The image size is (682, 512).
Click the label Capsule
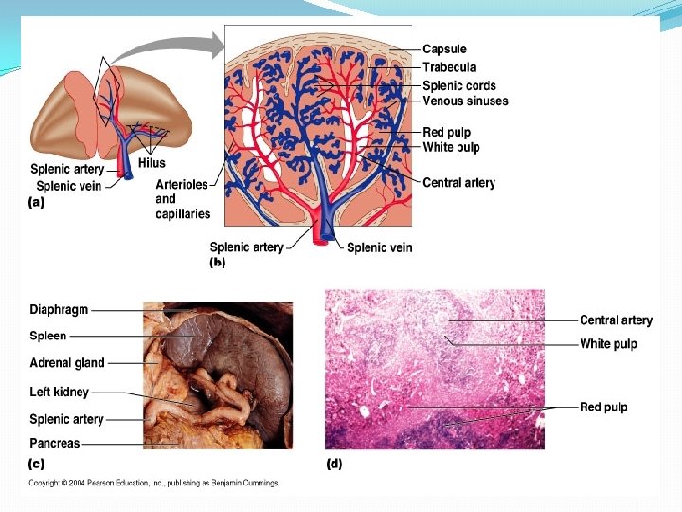pos(444,49)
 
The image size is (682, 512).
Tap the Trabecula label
pos(449,67)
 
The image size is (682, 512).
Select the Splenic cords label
pos(458,85)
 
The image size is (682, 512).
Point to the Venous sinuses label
pos(465,101)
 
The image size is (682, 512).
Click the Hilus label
pos(152,163)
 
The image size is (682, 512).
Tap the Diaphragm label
pos(59,309)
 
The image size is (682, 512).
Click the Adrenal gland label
pos(67,363)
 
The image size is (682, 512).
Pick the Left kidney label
pos(59,392)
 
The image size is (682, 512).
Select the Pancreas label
pos(55,443)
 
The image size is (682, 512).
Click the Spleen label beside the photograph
pos(48,336)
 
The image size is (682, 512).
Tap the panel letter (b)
pos(216,265)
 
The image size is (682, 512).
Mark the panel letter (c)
pos(36,464)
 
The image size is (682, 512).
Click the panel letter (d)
pos(334,464)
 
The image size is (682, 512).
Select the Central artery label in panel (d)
pos(616,320)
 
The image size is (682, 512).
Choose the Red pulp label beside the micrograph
pos(603,407)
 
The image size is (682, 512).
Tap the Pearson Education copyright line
pos(153,483)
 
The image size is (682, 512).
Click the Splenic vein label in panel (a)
pos(69,186)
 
